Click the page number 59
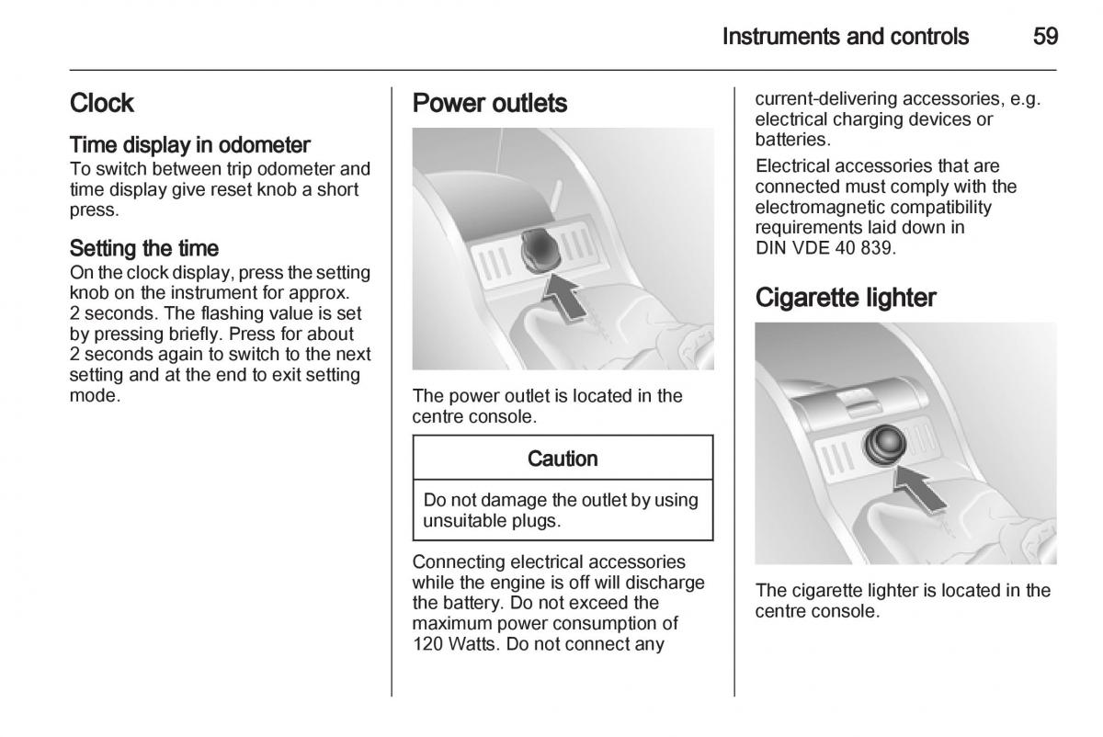click(x=1045, y=37)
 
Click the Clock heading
click(x=101, y=103)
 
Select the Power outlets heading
click(x=489, y=103)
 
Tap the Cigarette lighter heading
click(x=846, y=298)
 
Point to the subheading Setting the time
click(x=143, y=248)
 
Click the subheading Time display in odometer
click(x=189, y=145)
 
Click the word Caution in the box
click(x=563, y=459)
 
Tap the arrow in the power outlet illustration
click(x=563, y=297)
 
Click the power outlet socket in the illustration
click(x=540, y=250)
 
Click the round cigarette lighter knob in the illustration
click(x=885, y=445)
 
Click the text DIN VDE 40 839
click(x=825, y=247)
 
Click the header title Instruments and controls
click(x=846, y=37)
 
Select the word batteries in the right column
click(x=792, y=140)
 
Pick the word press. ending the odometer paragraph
click(x=95, y=210)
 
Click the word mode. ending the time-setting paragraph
click(x=95, y=395)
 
